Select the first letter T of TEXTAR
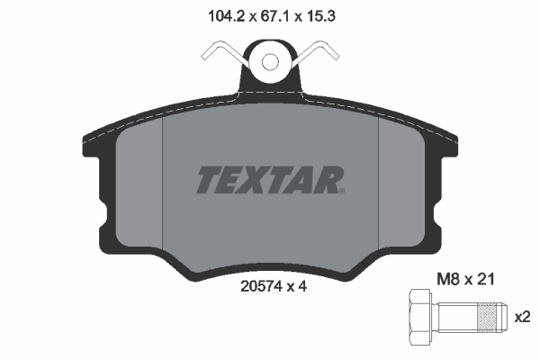point(209,180)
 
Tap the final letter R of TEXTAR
point(327,180)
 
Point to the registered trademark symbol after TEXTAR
point(341,191)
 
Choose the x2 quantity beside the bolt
point(521,317)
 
